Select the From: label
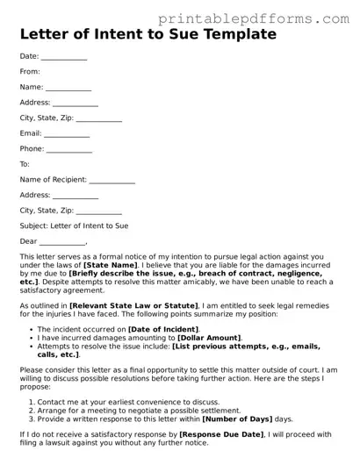click(x=30, y=71)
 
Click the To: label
click(x=25, y=164)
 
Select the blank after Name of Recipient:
click(x=112, y=181)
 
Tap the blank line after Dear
click(x=62, y=242)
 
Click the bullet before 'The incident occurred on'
click(x=30, y=329)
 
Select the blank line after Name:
click(x=68, y=88)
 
